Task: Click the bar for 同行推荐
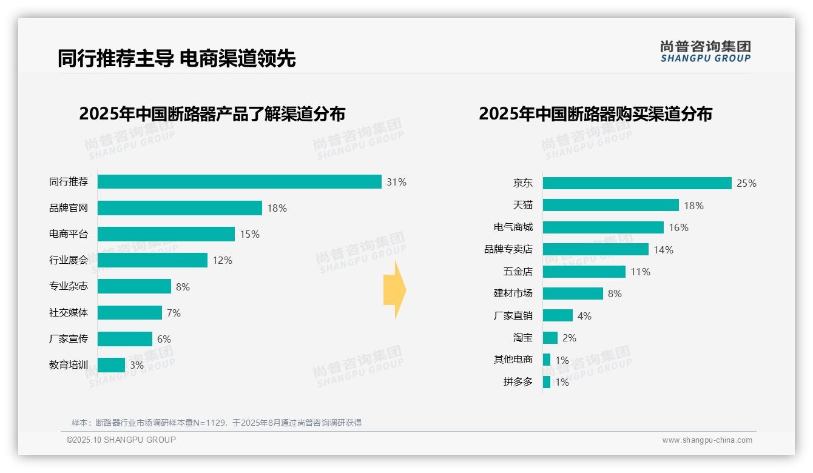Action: click(x=239, y=182)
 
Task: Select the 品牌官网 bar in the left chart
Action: click(x=180, y=208)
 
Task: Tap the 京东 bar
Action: click(x=637, y=183)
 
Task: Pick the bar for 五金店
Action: click(x=584, y=272)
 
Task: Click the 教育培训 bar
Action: click(x=111, y=365)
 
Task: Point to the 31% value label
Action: click(x=397, y=182)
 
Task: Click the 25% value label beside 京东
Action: click(x=746, y=183)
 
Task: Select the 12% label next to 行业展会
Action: click(x=222, y=260)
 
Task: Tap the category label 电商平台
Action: click(x=69, y=234)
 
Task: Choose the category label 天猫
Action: click(x=522, y=205)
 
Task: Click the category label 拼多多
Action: click(x=518, y=382)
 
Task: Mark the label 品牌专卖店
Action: click(x=508, y=249)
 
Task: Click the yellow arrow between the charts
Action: click(x=394, y=290)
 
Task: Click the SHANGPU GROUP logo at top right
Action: click(x=705, y=51)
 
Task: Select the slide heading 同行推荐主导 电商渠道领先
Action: click(x=177, y=58)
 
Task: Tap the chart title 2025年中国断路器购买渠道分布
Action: click(x=595, y=114)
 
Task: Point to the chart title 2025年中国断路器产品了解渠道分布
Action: click(x=212, y=114)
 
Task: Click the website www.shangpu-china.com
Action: click(x=707, y=440)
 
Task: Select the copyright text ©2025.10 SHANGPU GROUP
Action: click(x=121, y=440)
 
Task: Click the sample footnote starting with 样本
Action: click(x=216, y=423)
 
